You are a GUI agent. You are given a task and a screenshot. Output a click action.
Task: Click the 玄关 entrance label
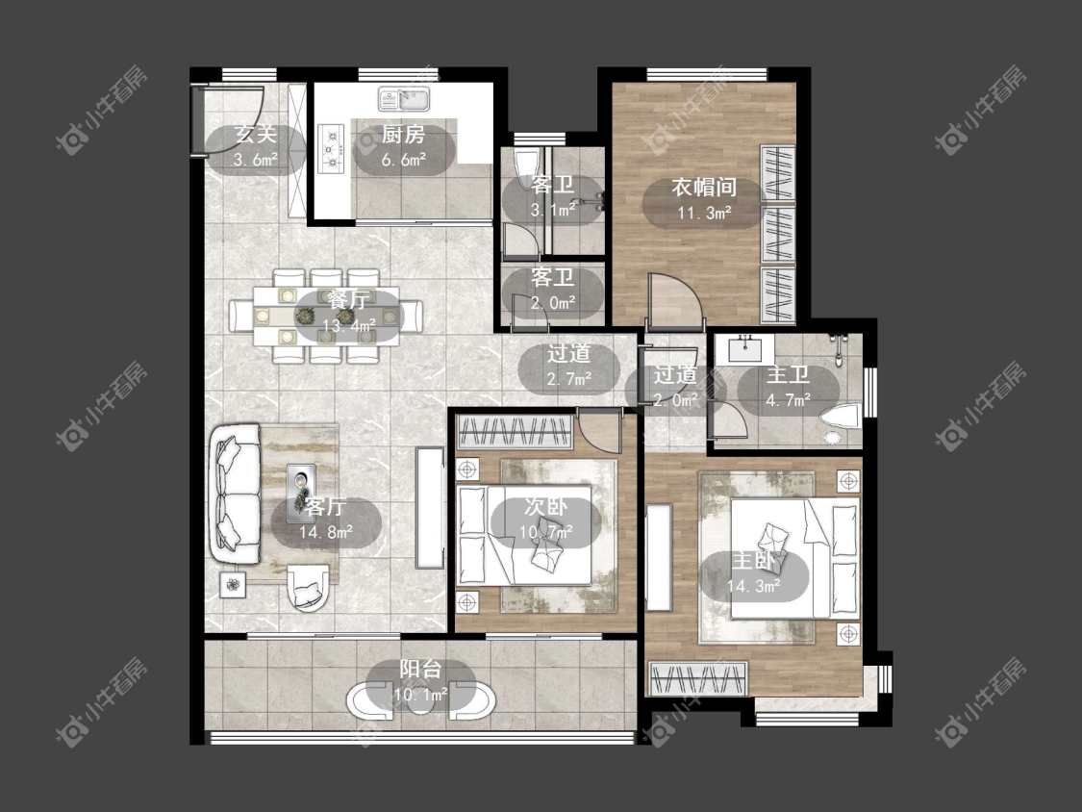pos(255,134)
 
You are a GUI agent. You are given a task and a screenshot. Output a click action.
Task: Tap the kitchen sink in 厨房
pos(404,99)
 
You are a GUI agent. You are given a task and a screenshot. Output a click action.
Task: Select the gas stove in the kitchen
pos(331,148)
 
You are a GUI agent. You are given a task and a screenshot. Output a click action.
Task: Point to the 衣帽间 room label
pos(704,187)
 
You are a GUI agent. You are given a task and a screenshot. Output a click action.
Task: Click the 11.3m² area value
pos(704,213)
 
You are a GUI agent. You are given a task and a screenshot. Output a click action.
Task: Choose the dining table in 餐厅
pos(326,316)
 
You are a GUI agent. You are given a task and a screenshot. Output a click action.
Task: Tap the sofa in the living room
pos(235,495)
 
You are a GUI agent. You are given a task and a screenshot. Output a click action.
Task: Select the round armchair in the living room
pos(308,588)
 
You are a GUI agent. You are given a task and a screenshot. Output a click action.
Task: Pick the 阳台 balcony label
pos(421,669)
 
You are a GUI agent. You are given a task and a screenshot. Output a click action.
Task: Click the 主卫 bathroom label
pos(788,375)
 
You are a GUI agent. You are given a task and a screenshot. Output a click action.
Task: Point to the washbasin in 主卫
pos(744,349)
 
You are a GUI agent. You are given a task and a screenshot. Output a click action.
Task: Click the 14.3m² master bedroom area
pos(753,586)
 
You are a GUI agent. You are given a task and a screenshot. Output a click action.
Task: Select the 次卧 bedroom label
pos(545,506)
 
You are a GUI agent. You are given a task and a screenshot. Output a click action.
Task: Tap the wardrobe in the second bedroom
pos(515,432)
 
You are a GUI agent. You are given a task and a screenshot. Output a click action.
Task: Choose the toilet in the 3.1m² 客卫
pos(528,165)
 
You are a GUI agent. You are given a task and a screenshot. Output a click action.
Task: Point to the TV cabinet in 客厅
pos(429,508)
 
